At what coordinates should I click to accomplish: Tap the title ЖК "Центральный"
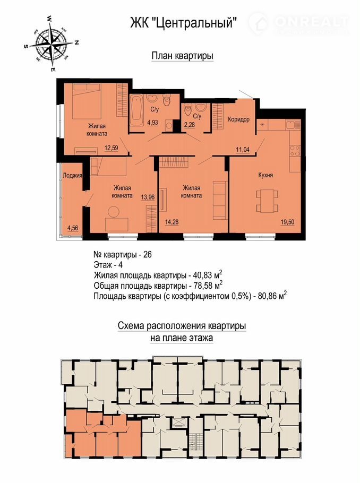coord(184,22)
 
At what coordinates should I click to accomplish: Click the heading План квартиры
coord(183,56)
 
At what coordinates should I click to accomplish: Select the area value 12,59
coord(112,149)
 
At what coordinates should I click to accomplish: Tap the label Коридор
coord(238,119)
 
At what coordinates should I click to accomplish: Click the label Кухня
coord(265,175)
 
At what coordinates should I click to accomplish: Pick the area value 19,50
coord(287,222)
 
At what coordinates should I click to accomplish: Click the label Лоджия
coord(72,176)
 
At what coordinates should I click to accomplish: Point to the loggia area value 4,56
coord(73,228)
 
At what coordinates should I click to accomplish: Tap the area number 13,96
coord(148,197)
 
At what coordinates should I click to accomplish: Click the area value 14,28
coord(172,222)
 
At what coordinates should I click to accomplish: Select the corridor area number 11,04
coord(243,150)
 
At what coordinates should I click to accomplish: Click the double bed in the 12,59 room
coord(87,101)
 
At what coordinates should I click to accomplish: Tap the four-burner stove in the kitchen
coord(294,151)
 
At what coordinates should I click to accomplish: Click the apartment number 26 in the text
coord(148,255)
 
